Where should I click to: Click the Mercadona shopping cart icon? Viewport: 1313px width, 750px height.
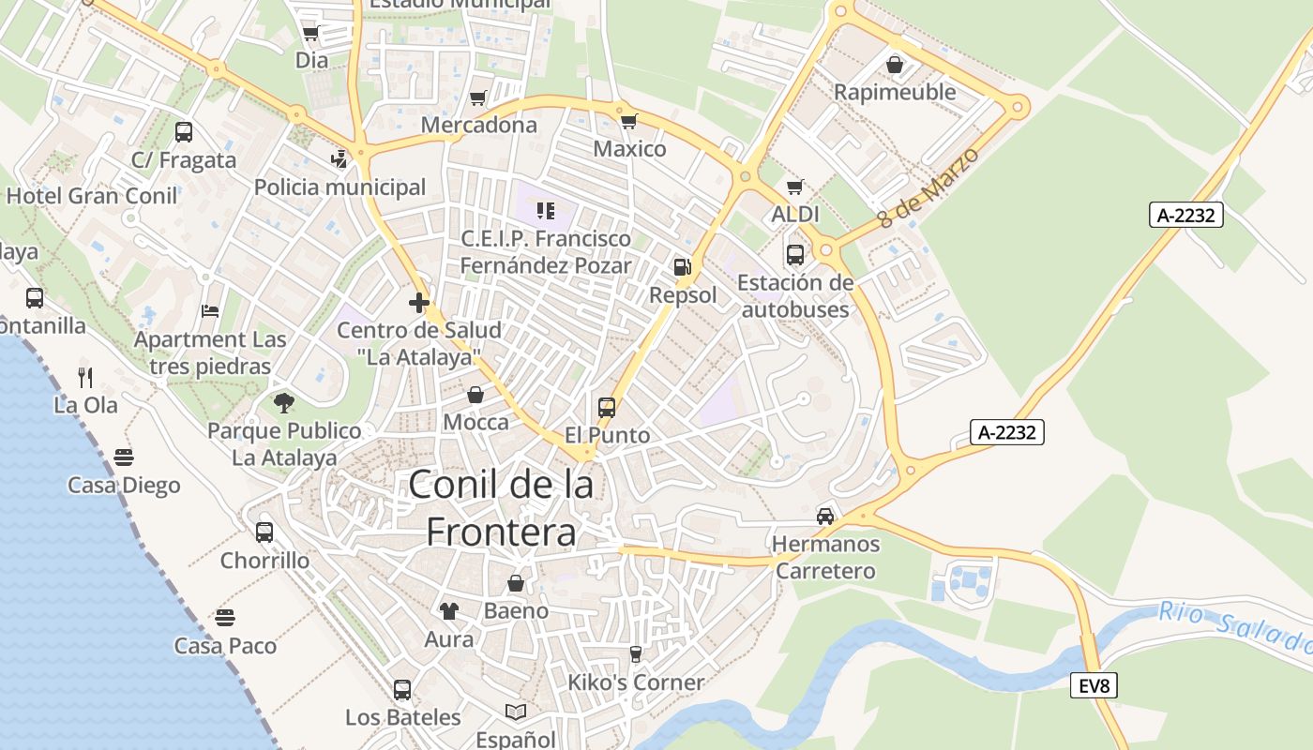pyautogui.click(x=478, y=97)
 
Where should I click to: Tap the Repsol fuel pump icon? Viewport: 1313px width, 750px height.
pyautogui.click(x=682, y=267)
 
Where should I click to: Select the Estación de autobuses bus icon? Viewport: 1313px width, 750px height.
pyautogui.click(x=794, y=254)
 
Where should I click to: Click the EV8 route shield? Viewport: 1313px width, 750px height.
pyautogui.click(x=1094, y=686)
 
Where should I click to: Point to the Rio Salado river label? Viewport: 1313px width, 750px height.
pyautogui.click(x=1234, y=627)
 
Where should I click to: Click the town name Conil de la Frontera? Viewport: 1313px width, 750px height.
pyautogui.click(x=502, y=508)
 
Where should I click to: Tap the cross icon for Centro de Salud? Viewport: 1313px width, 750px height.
pyautogui.click(x=419, y=303)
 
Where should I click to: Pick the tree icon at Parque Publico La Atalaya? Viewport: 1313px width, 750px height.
pyautogui.click(x=284, y=403)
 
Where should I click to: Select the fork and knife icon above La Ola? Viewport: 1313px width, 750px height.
pyautogui.click(x=85, y=377)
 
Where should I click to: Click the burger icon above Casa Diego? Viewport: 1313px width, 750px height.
pyautogui.click(x=124, y=457)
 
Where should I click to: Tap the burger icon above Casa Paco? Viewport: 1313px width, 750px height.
pyautogui.click(x=224, y=618)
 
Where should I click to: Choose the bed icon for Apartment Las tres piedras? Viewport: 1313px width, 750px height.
pyautogui.click(x=210, y=310)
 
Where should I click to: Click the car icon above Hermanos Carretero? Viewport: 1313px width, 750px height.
pyautogui.click(x=825, y=516)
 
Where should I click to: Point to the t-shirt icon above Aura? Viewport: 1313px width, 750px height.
pyautogui.click(x=449, y=611)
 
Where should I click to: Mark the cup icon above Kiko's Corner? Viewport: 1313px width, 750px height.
pyautogui.click(x=636, y=654)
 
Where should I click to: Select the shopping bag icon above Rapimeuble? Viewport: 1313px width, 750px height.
pyautogui.click(x=895, y=64)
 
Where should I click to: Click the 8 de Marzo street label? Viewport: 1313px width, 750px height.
pyautogui.click(x=928, y=187)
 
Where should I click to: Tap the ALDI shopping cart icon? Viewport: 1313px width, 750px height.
pyautogui.click(x=795, y=187)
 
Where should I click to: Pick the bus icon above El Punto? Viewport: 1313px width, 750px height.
pyautogui.click(x=607, y=408)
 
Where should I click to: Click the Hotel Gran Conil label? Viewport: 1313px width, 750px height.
pyautogui.click(x=92, y=196)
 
